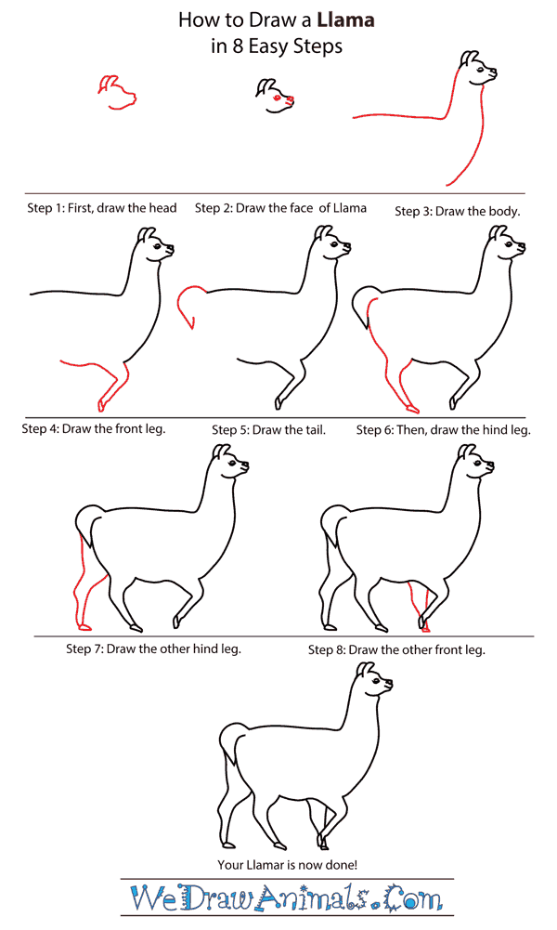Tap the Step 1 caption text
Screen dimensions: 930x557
pyautogui.click(x=102, y=209)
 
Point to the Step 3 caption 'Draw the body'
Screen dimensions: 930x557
pyautogui.click(x=458, y=212)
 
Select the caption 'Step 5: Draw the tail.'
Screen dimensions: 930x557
pyautogui.click(x=268, y=430)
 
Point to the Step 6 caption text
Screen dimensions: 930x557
pyautogui.click(x=444, y=430)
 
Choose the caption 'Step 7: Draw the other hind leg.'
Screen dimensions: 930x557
pyautogui.click(x=153, y=648)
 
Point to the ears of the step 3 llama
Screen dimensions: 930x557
pyautogui.click(x=472, y=60)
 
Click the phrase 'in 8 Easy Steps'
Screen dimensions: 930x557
pyautogui.click(x=277, y=46)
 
